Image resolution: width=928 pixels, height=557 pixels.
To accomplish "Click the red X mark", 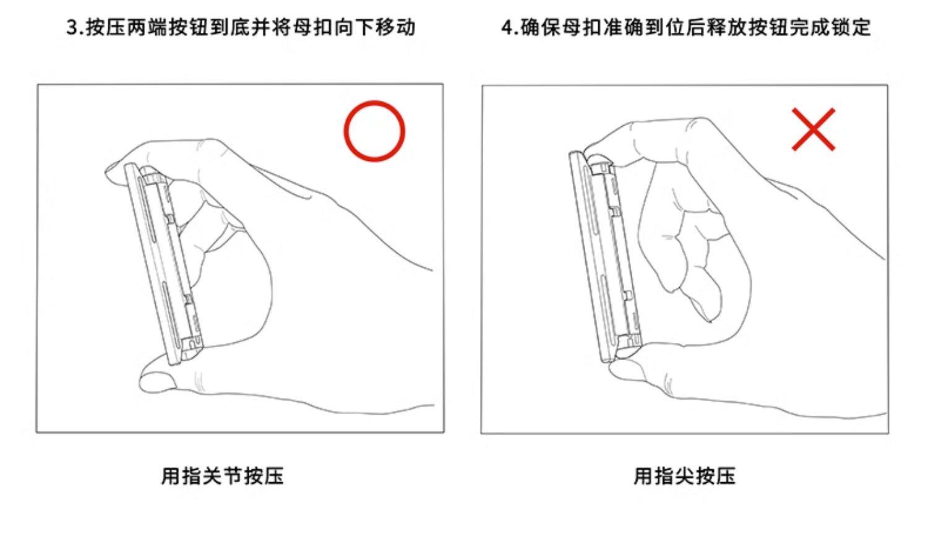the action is click(x=814, y=129).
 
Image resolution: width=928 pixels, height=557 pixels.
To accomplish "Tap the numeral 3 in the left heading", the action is click(x=72, y=28).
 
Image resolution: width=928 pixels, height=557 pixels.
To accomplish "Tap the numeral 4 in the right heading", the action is click(x=507, y=28).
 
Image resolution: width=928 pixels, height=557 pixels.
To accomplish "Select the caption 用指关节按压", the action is click(x=223, y=476).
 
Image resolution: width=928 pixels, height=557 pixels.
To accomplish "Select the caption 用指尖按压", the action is click(x=685, y=476).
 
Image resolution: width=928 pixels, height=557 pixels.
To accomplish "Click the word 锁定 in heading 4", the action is click(x=850, y=27).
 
